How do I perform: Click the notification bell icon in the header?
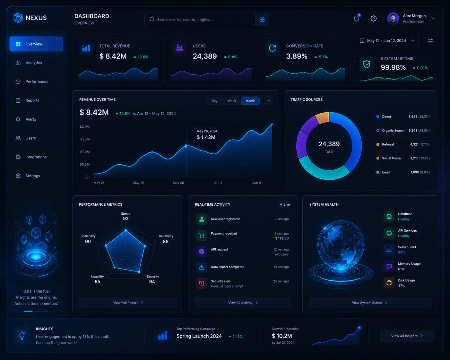point(356,18)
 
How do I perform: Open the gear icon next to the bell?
point(374,18)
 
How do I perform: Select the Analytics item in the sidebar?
point(33,63)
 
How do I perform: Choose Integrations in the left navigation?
point(36,157)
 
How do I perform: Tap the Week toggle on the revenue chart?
point(232,101)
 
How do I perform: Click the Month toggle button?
point(250,101)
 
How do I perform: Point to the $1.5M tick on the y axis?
point(85,139)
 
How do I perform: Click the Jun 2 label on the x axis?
point(218,183)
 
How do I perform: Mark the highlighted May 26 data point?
point(186,146)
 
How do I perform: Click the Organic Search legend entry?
point(393,131)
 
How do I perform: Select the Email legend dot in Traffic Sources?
point(378,172)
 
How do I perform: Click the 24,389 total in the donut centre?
point(329,144)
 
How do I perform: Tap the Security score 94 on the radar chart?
point(152,282)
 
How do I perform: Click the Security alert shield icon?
point(202,283)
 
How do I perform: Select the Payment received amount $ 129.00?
point(282,238)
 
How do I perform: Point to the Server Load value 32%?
point(401,252)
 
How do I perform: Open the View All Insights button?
point(407,336)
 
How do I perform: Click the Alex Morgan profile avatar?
point(393,18)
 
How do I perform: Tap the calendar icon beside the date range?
point(362,40)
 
